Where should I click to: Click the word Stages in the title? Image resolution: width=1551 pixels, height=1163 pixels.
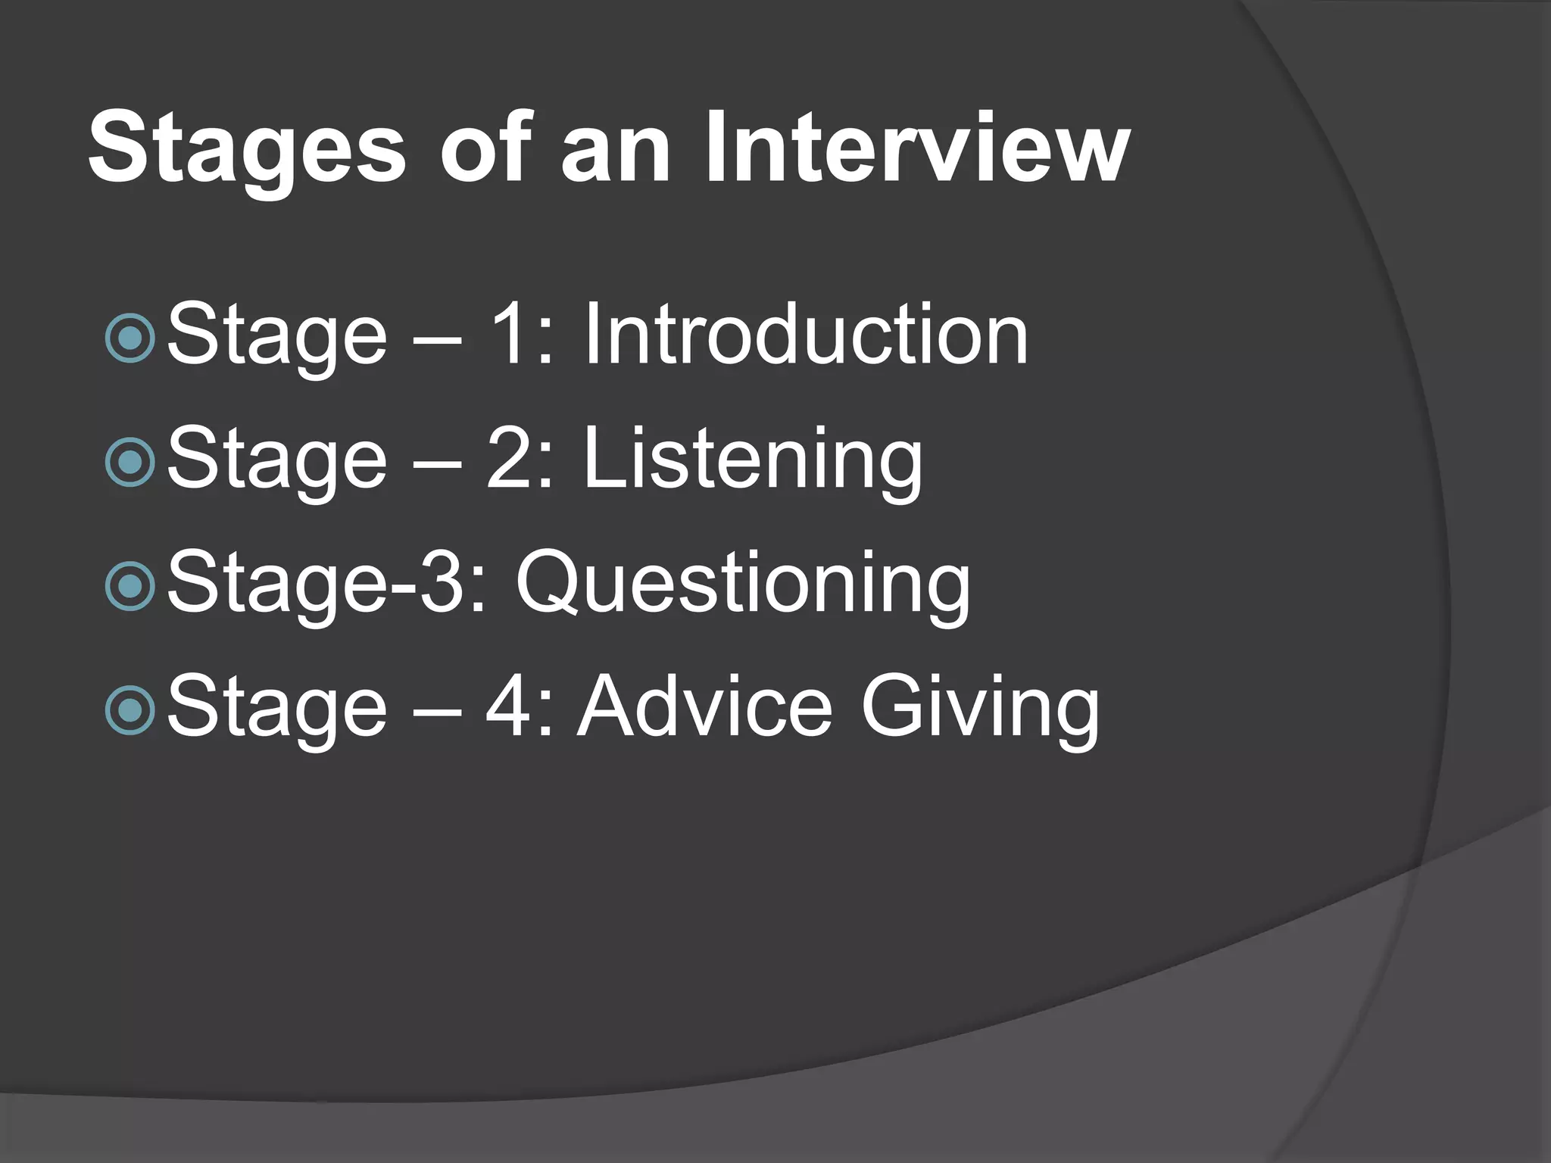pos(247,148)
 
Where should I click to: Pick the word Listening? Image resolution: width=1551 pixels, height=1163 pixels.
pos(753,460)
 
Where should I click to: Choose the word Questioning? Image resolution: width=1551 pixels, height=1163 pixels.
pos(742,583)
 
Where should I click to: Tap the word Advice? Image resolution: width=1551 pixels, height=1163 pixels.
pos(704,706)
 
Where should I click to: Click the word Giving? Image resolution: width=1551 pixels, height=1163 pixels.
pos(980,708)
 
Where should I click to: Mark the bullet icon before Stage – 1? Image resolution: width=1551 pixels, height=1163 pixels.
pos(131,338)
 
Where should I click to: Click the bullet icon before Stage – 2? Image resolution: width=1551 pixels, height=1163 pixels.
pos(131,462)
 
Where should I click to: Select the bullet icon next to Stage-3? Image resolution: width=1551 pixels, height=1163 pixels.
pos(131,585)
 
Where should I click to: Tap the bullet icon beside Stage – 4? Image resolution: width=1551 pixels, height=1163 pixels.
pos(131,709)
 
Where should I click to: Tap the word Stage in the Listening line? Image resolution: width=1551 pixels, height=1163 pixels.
pos(276,460)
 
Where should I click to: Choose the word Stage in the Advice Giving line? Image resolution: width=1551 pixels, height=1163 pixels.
pos(276,708)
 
